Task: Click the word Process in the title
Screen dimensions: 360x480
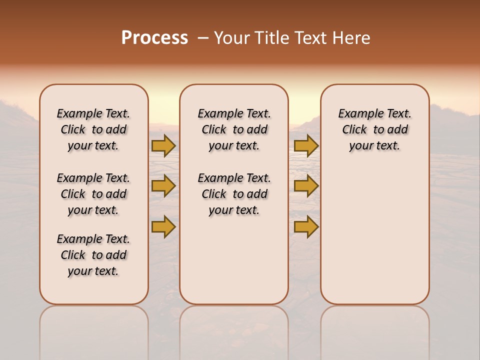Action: (154, 38)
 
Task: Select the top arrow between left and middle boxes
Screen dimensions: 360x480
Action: (163, 145)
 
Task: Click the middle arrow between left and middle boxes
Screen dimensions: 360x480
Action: (163, 186)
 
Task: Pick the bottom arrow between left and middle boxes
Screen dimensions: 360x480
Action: (163, 226)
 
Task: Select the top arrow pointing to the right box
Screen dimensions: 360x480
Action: (306, 145)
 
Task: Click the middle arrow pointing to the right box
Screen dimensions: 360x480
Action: (306, 186)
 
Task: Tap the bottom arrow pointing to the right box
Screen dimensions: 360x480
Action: (306, 226)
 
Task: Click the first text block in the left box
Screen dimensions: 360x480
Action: (93, 129)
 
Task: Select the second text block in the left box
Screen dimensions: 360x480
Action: (93, 194)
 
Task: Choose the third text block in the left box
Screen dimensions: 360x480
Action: (93, 255)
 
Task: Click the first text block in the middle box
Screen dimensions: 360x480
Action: (234, 129)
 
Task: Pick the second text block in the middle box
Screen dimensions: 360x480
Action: (234, 194)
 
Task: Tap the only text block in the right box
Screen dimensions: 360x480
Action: (375, 129)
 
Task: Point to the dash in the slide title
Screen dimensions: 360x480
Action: (203, 38)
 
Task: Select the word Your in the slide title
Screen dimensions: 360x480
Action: (231, 38)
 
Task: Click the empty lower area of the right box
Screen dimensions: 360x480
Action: (375, 240)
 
